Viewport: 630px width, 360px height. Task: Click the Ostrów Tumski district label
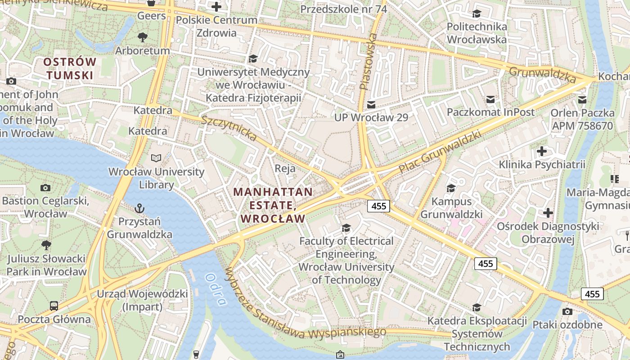click(x=70, y=68)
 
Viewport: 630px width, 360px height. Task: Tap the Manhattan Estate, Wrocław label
click(x=273, y=205)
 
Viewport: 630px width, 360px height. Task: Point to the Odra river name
click(x=216, y=289)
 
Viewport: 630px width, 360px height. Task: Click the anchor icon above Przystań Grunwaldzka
click(x=139, y=208)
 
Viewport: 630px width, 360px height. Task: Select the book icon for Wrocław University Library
click(x=156, y=158)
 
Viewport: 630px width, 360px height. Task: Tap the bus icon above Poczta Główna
click(x=54, y=306)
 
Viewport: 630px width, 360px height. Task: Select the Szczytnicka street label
click(x=229, y=128)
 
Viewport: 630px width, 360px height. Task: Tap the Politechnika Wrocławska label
click(x=477, y=33)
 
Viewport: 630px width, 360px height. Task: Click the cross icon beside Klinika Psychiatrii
click(x=542, y=151)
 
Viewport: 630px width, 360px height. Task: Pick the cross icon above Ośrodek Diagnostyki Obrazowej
click(x=548, y=212)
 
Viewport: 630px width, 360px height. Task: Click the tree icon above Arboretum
click(x=143, y=37)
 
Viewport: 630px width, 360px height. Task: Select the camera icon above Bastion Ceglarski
click(x=45, y=188)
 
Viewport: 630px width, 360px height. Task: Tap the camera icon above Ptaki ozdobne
click(x=567, y=311)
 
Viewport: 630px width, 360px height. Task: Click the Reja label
click(x=285, y=169)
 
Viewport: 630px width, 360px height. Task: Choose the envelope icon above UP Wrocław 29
click(x=371, y=104)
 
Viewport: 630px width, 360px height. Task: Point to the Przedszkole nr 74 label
click(x=343, y=9)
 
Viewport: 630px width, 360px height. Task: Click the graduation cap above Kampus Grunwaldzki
click(x=451, y=188)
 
